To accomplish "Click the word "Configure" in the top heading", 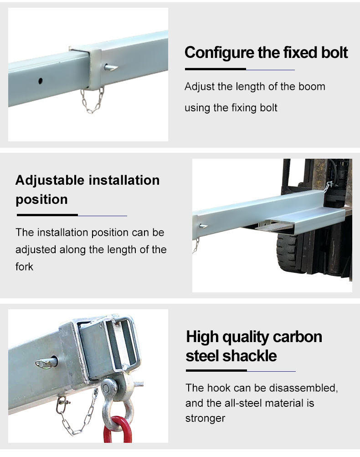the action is (220, 53).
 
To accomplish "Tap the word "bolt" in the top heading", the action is (334, 52).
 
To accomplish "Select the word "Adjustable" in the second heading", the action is (50, 181).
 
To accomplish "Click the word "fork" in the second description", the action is (25, 266).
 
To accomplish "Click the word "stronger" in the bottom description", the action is (206, 418).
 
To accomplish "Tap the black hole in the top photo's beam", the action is (40, 81).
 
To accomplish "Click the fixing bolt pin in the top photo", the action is (111, 68).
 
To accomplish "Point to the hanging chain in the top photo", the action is (93, 100).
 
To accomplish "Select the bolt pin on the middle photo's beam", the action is (203, 226).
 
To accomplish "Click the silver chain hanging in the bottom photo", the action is (77, 413).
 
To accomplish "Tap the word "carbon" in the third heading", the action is (298, 337).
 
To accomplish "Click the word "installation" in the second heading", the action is (124, 181).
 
